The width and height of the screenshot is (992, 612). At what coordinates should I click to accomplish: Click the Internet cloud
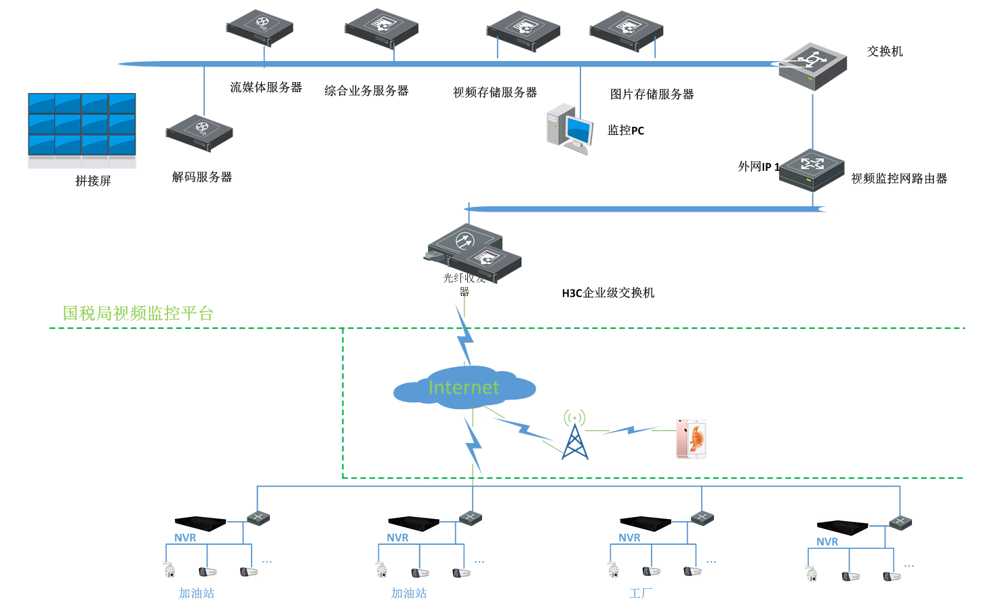(x=464, y=387)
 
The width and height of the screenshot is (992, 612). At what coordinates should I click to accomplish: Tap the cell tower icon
(x=574, y=436)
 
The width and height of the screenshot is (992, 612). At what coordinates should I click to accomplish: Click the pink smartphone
(x=692, y=438)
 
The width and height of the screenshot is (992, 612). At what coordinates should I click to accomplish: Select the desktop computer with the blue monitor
(x=570, y=128)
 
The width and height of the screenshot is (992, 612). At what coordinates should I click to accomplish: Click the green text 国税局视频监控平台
(x=138, y=313)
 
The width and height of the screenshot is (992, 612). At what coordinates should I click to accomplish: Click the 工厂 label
(x=641, y=594)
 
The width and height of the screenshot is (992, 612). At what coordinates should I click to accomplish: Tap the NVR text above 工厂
(x=629, y=537)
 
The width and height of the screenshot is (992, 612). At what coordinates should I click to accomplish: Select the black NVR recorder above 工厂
(x=645, y=523)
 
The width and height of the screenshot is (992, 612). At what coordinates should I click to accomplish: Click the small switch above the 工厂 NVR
(x=702, y=518)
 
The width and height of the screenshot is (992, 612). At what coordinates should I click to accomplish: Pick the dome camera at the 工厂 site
(x=614, y=570)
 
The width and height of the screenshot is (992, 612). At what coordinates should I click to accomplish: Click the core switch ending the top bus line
(x=812, y=66)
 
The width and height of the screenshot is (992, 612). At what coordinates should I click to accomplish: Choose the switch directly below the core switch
(x=812, y=170)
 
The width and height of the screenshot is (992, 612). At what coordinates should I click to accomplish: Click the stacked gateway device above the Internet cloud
(x=475, y=254)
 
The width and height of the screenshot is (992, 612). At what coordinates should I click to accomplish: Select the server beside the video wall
(x=199, y=133)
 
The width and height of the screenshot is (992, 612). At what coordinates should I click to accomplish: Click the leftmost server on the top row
(x=260, y=27)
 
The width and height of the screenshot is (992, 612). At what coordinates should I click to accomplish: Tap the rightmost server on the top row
(x=627, y=30)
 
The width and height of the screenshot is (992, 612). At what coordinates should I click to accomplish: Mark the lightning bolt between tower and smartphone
(x=631, y=429)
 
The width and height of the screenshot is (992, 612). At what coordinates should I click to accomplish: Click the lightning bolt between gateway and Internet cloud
(x=464, y=332)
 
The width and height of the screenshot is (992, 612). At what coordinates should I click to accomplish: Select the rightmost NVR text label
(x=827, y=541)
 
